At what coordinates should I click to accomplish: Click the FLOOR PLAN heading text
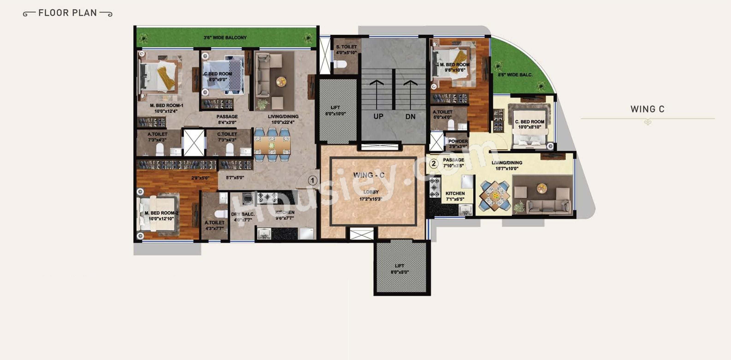coord(68,13)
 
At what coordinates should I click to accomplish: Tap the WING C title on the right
coord(647,109)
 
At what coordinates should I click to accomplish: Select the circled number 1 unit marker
coord(312,180)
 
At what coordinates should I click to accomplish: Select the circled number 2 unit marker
coord(433,164)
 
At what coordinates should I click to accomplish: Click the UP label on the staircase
coord(378,116)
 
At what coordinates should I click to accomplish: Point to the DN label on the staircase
coord(410,116)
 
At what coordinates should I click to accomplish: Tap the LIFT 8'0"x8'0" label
coord(399,269)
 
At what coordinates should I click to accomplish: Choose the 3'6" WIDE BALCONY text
coord(225,37)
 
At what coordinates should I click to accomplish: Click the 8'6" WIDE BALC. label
coord(515,75)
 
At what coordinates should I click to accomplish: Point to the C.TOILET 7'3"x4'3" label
coord(227,137)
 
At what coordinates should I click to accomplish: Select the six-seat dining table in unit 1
coord(272,145)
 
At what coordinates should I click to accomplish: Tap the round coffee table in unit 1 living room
coord(281,82)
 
